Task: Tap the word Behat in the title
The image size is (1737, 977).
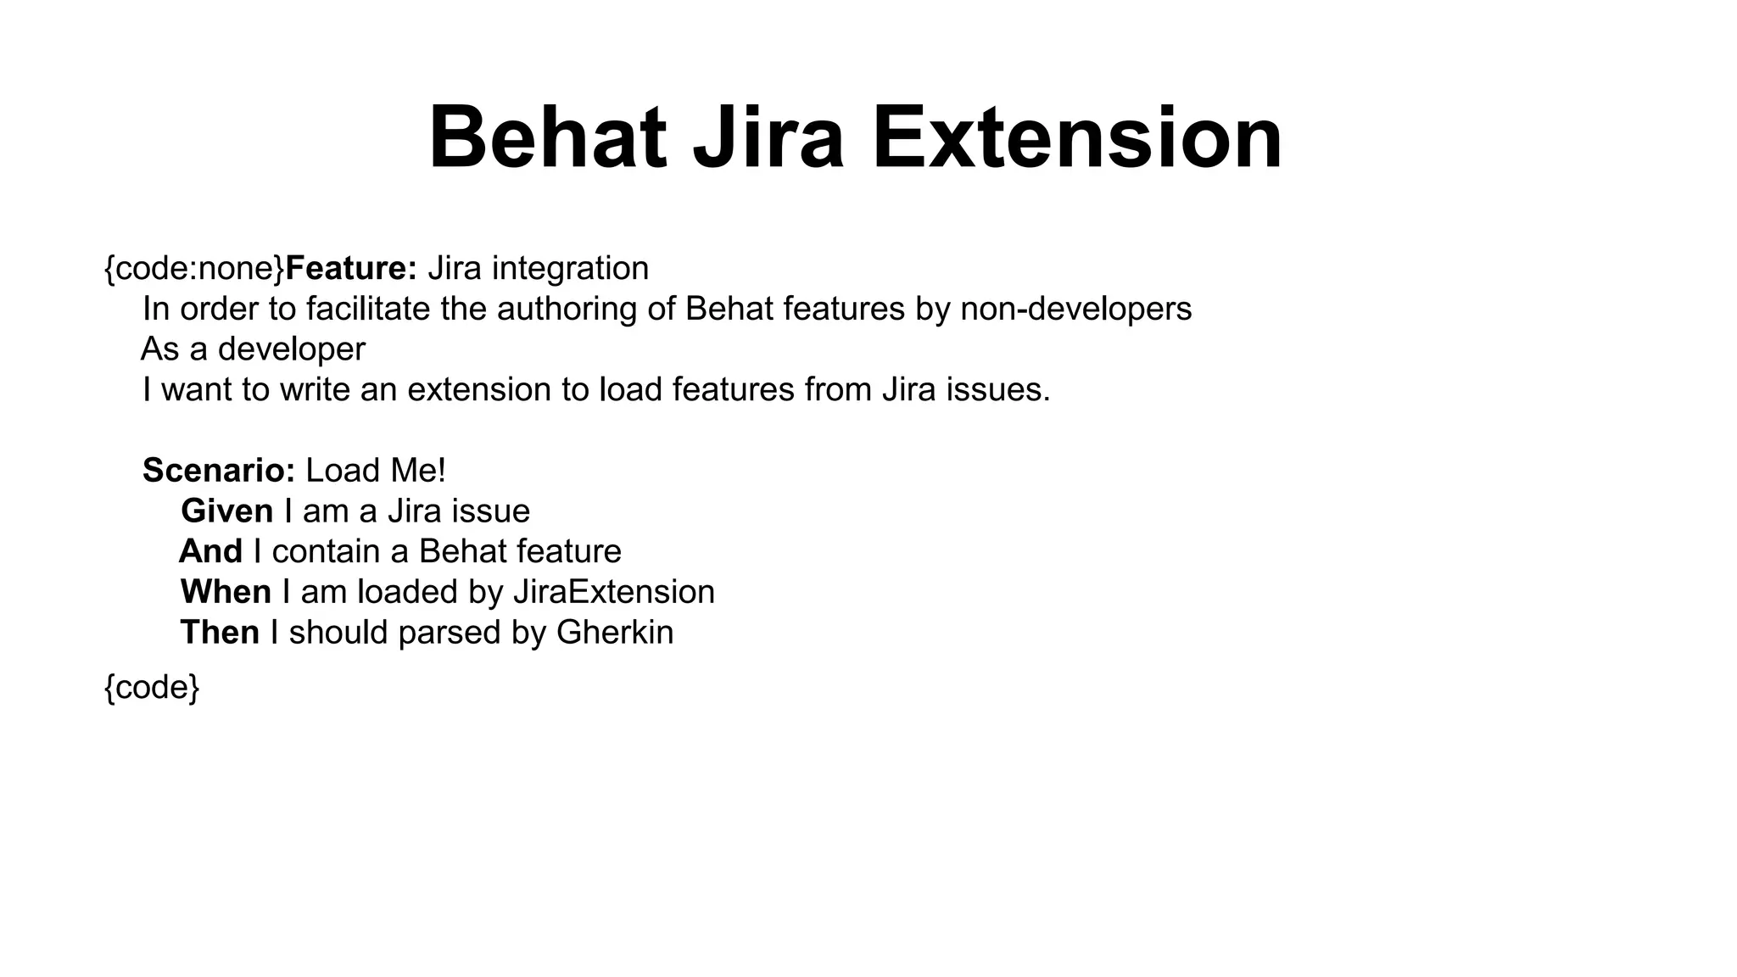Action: pos(547,137)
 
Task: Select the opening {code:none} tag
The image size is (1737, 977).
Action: pos(194,269)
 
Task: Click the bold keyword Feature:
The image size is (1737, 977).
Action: pos(351,269)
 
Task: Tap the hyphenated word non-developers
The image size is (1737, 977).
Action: pos(1075,309)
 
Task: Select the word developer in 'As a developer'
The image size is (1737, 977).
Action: pos(292,349)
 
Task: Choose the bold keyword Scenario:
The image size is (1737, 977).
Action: pos(219,471)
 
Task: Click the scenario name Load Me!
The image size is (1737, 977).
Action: pos(376,471)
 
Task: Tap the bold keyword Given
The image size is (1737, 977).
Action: pos(226,511)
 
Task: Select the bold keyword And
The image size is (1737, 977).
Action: pos(211,552)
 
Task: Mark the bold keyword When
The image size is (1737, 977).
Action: pos(226,592)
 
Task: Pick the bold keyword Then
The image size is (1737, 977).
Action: pos(220,633)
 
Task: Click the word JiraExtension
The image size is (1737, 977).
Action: pos(614,592)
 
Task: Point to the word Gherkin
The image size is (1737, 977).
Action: pos(615,633)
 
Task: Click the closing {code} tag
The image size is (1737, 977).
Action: pos(152,688)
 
